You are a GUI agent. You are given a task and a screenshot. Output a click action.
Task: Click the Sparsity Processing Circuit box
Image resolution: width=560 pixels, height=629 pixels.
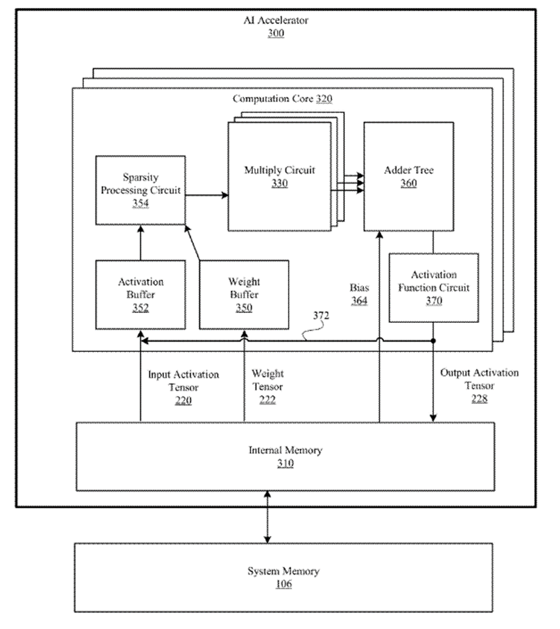[140, 190]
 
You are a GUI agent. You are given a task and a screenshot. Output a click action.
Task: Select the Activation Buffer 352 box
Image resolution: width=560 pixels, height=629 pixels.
[140, 294]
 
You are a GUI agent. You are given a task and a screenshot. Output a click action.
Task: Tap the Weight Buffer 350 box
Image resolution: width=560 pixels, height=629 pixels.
[244, 294]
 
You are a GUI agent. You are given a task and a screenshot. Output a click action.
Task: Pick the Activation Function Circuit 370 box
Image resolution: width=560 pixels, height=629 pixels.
[433, 287]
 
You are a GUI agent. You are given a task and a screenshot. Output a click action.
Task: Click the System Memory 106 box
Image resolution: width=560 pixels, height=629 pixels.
[283, 577]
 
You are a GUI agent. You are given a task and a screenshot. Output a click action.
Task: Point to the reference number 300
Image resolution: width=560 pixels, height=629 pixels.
[276, 34]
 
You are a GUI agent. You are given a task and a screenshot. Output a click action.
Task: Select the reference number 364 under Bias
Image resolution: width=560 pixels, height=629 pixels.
[359, 300]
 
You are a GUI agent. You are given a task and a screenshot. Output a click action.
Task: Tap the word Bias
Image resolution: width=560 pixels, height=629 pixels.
[359, 288]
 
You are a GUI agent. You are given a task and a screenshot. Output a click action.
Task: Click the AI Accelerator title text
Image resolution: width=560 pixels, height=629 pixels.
[276, 21]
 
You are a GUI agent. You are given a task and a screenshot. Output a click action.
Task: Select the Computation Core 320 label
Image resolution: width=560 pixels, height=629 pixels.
[283, 99]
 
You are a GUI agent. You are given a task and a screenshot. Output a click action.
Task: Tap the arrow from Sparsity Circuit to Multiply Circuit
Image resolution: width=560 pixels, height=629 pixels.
[207, 195]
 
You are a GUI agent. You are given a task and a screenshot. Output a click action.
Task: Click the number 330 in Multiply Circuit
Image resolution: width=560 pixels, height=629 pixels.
[279, 183]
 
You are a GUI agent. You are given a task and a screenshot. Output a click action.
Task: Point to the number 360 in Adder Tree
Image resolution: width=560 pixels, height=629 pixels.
[409, 184]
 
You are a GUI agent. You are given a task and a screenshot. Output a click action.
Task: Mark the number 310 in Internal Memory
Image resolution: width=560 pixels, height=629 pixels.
[285, 463]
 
